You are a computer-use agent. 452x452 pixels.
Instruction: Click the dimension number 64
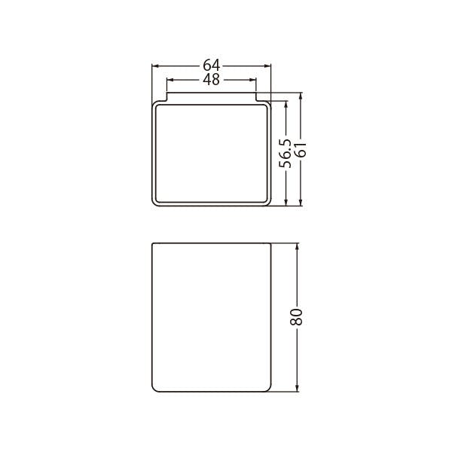pyautogui.click(x=211, y=65)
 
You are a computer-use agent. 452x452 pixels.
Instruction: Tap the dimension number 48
pyautogui.click(x=211, y=80)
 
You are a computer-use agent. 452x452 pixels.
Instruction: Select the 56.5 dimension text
pyautogui.click(x=285, y=154)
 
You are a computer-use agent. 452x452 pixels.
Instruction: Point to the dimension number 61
pyautogui.click(x=301, y=150)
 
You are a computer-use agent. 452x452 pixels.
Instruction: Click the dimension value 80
pyautogui.click(x=296, y=317)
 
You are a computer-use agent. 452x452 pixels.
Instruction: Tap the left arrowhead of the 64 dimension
pyautogui.click(x=156, y=66)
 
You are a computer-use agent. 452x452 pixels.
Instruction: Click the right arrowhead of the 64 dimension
pyautogui.click(x=267, y=66)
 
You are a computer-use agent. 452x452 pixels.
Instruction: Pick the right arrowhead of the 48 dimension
pyautogui.click(x=252, y=80)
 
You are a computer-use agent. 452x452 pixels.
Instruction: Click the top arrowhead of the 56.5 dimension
pyautogui.click(x=286, y=105)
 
